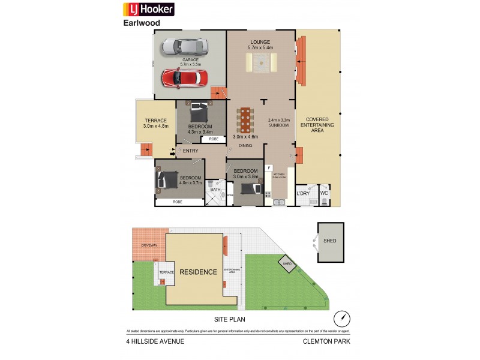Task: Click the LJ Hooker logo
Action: click(x=149, y=9)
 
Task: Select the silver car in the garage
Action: click(x=183, y=46)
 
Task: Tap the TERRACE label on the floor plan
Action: click(x=155, y=123)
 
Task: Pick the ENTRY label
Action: click(x=191, y=151)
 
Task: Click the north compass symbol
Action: click(x=341, y=318)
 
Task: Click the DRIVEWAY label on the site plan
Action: click(x=149, y=245)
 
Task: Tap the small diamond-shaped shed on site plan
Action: click(x=287, y=263)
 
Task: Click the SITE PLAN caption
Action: click(x=230, y=319)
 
